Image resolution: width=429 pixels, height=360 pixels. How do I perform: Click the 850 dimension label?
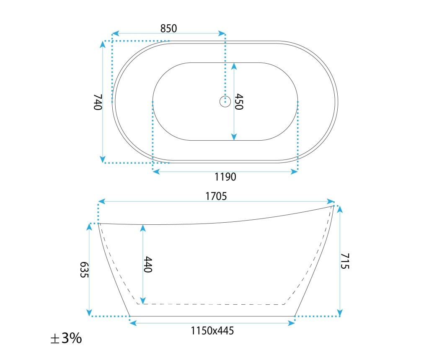coord(168,28)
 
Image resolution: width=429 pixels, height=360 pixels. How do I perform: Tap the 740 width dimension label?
coord(98,102)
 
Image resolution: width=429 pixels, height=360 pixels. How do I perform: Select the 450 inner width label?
coord(239,102)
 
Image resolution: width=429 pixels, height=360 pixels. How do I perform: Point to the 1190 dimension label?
coord(225,177)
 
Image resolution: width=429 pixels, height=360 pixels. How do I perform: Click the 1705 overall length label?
coord(216,196)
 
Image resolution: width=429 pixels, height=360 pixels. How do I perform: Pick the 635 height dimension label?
coord(84,270)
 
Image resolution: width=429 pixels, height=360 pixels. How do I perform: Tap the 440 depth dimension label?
coord(148,264)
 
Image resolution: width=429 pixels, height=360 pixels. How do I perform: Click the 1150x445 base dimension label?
coord(212,331)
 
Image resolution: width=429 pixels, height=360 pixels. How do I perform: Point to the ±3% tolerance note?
coord(66,338)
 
